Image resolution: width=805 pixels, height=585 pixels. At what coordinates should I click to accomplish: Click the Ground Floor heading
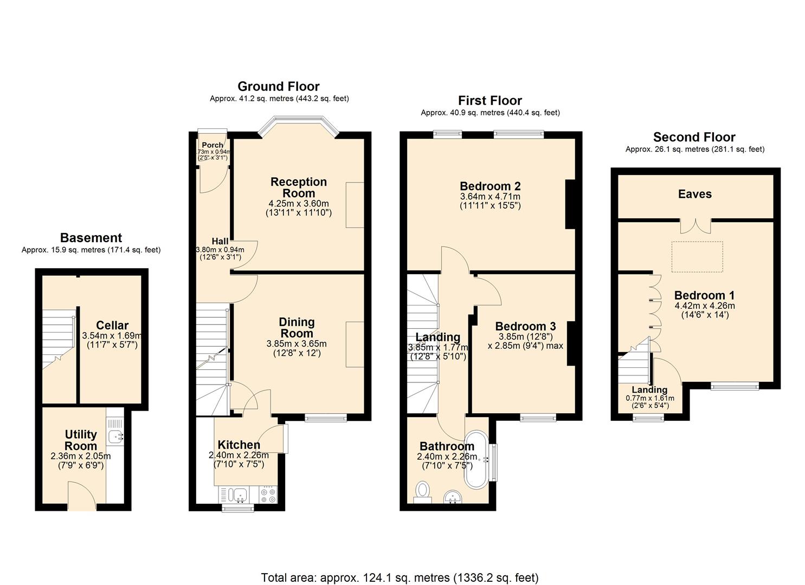click(278, 87)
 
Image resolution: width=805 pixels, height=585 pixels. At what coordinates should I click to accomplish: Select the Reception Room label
click(299, 187)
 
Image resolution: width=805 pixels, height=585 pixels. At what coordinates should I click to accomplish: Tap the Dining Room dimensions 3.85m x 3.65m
click(297, 344)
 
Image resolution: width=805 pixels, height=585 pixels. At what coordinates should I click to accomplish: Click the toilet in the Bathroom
click(422, 491)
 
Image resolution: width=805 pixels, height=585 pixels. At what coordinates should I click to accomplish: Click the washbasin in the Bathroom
click(452, 496)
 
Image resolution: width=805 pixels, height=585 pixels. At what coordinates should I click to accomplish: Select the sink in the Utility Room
click(115, 435)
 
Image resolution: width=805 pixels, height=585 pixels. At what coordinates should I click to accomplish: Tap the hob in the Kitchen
click(267, 495)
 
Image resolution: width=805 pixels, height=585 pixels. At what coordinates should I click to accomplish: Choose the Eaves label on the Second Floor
click(694, 194)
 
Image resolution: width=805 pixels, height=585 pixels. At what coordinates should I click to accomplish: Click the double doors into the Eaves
click(695, 226)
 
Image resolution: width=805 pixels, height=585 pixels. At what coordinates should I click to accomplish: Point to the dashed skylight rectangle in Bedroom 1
click(697, 257)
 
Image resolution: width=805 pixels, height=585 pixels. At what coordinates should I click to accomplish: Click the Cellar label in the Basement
click(112, 326)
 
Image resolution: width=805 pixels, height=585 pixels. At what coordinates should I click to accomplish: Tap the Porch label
click(212, 145)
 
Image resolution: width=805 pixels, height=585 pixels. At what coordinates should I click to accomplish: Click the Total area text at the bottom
click(400, 577)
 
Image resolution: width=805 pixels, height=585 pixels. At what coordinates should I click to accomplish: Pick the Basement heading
click(91, 238)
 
